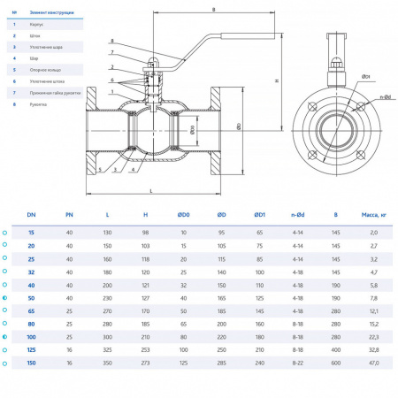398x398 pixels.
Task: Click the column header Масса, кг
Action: [x=373, y=214]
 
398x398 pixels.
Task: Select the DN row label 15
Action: [x=32, y=233]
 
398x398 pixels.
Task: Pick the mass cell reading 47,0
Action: [x=373, y=363]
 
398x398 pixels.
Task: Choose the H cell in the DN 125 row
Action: [x=145, y=350]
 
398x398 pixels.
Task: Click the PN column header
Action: [x=70, y=214]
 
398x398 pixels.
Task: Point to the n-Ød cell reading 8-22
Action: [x=298, y=363]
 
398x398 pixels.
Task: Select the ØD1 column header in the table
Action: [x=260, y=214]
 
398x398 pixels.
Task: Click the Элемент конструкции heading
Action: [x=52, y=13]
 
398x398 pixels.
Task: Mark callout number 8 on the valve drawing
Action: [x=112, y=42]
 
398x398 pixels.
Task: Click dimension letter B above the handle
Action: [x=214, y=10]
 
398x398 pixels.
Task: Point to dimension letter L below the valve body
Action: [x=151, y=190]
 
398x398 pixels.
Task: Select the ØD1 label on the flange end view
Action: [x=364, y=76]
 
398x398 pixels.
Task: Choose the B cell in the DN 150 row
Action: [x=335, y=363]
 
